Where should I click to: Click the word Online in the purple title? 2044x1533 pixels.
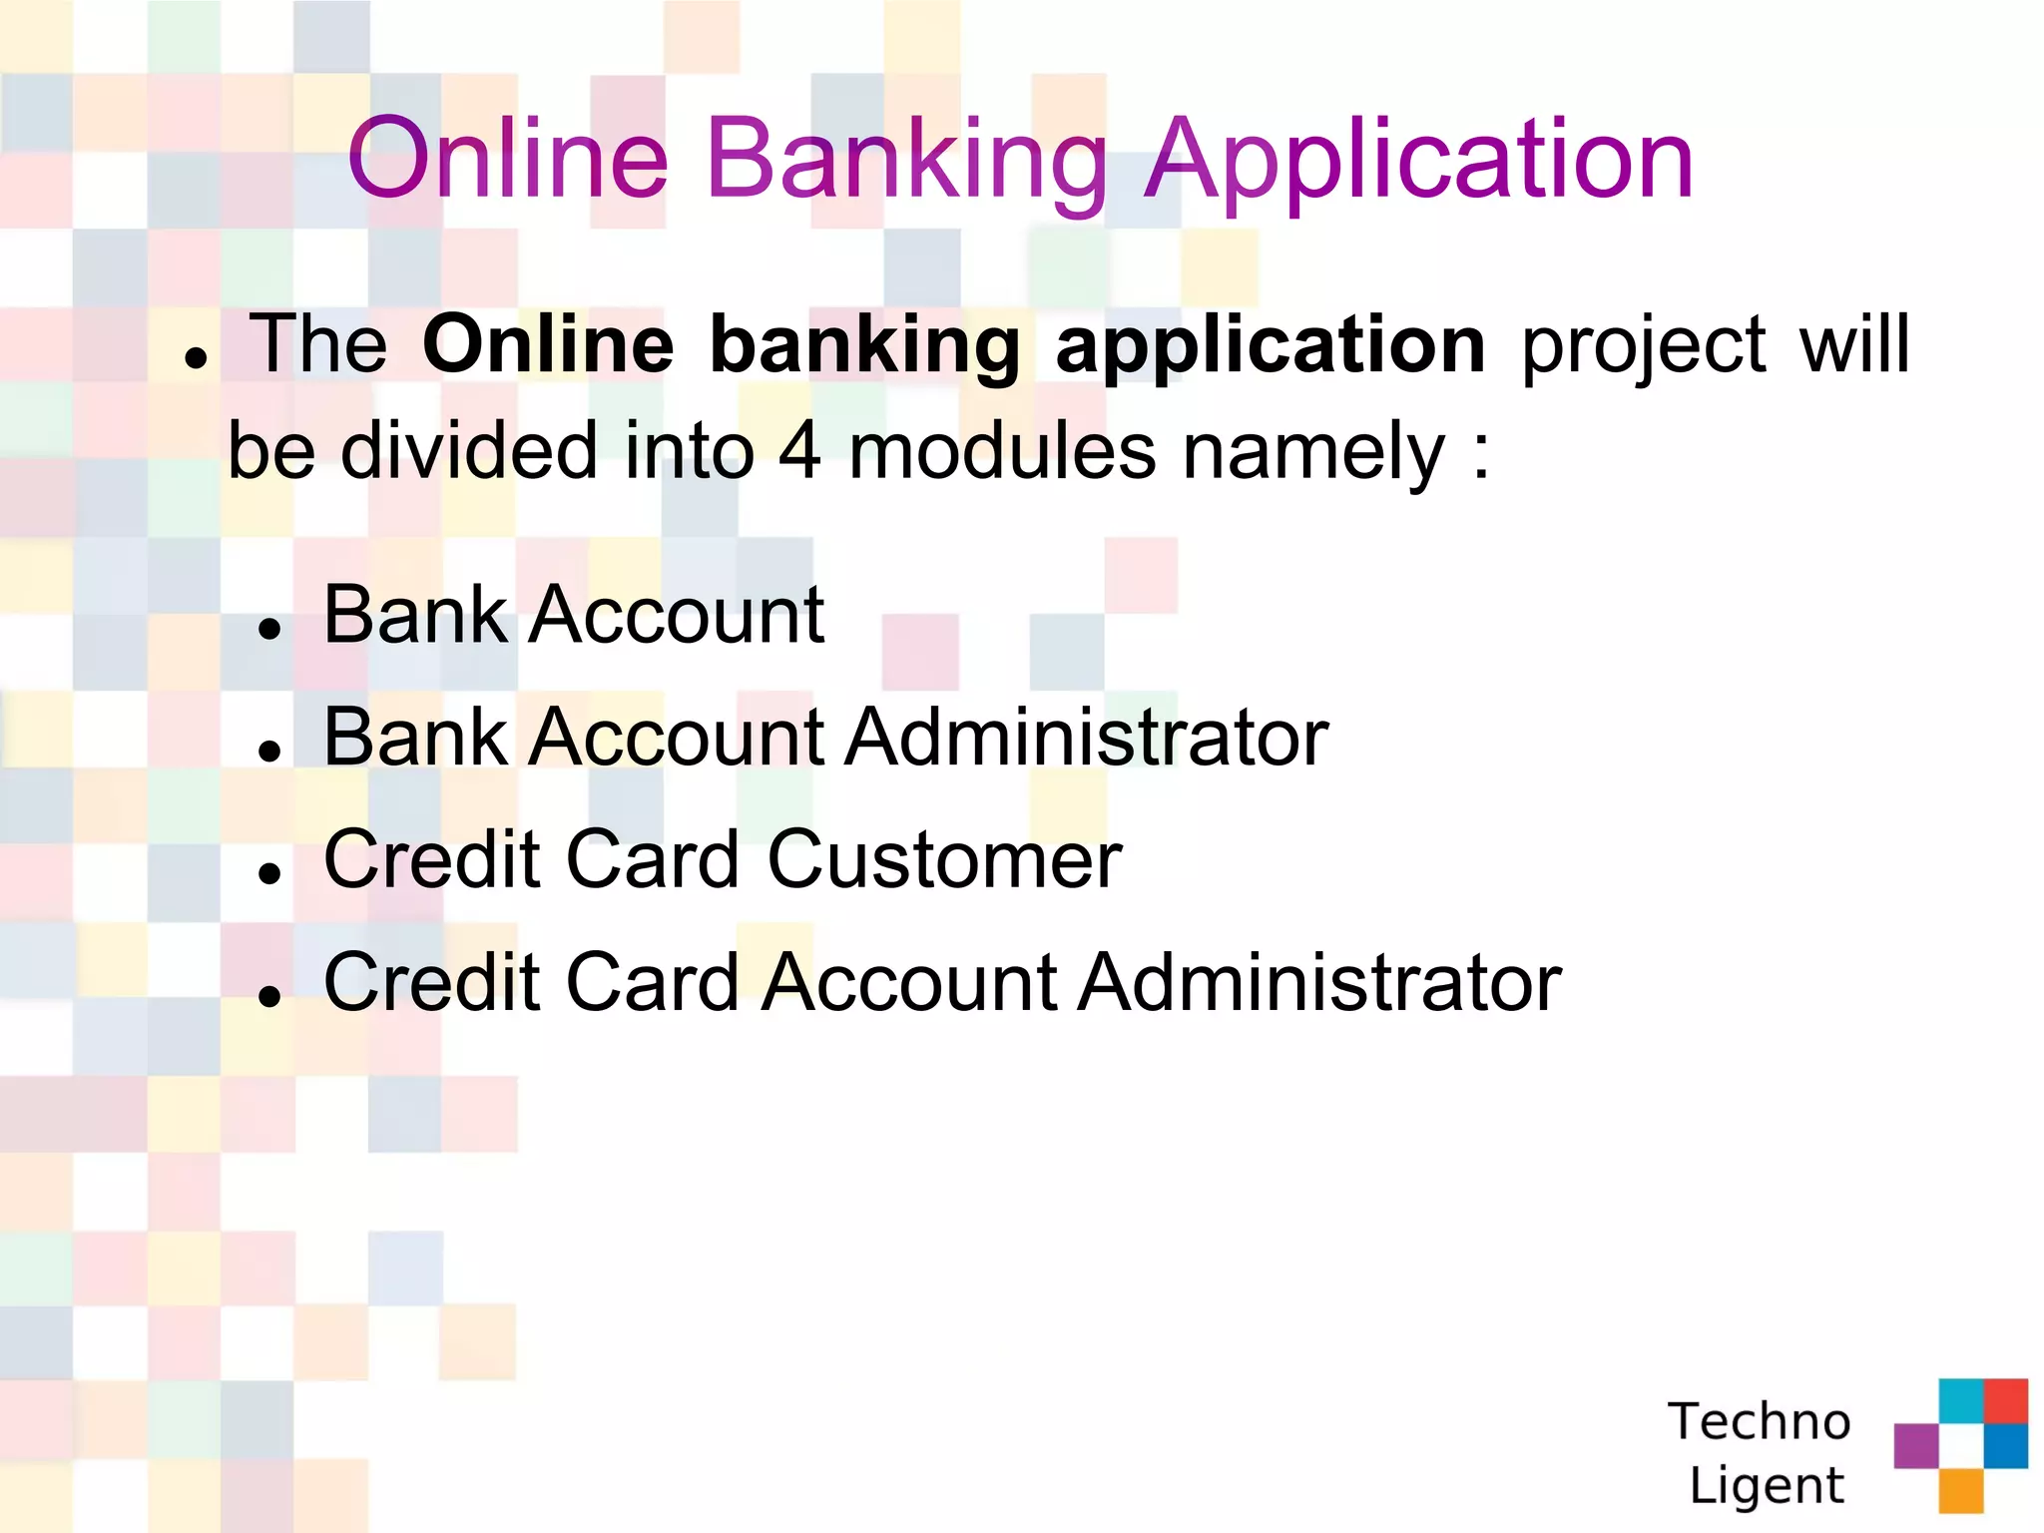pos(507,160)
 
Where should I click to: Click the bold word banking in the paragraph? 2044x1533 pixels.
pos(864,347)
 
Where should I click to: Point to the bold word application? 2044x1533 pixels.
pos(1271,347)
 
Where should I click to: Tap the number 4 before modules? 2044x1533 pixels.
pos(799,451)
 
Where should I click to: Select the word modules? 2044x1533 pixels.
pos(1001,451)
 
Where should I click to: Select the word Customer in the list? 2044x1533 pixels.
pos(944,860)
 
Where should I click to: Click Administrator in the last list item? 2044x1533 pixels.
pos(1321,983)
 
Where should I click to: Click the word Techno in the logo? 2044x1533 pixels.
pos(1759,1421)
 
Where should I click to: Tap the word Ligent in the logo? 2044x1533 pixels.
pos(1767,1485)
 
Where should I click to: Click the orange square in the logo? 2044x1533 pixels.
pos(1960,1491)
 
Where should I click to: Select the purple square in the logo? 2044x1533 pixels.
pos(1915,1445)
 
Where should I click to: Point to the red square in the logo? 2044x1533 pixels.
pos(2005,1400)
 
